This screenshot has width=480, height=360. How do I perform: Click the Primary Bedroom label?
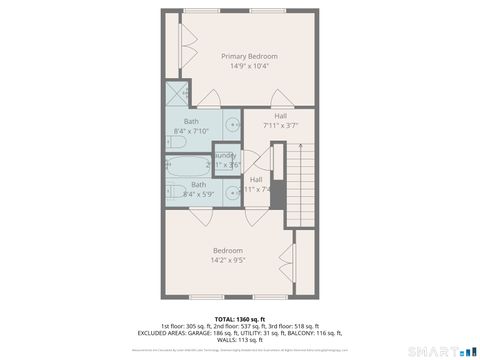tap(249, 56)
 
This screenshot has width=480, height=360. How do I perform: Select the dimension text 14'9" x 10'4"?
tap(249, 66)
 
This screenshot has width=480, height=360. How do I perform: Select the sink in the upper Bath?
tap(231, 125)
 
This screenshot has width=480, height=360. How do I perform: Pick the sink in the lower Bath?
tap(231, 188)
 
